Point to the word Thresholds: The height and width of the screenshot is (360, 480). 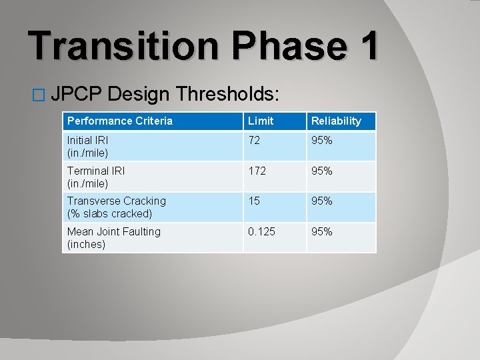point(227,95)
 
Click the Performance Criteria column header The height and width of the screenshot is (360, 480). point(120,121)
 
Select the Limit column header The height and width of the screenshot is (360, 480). point(261,121)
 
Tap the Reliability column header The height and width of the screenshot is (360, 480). point(337,121)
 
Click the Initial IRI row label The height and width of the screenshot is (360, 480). point(88,147)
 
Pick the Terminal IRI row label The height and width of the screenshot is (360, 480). point(96,177)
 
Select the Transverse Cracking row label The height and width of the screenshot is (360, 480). point(117,207)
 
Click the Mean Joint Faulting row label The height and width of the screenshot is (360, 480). point(114,237)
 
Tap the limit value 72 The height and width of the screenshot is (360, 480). point(255,141)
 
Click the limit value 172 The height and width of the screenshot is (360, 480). point(257,171)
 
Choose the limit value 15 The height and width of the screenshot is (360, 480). point(254,201)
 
